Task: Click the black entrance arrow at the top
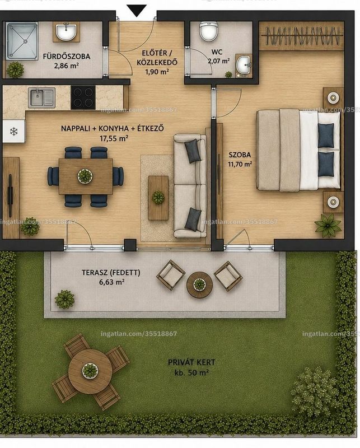coord(137,11)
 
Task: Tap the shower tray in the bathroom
coord(22,41)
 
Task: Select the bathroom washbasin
coord(66,32)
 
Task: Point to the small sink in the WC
coord(244,65)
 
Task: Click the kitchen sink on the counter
coord(42,97)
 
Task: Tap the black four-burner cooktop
coord(83,97)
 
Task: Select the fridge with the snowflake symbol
coord(13,132)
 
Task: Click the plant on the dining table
coord(85,176)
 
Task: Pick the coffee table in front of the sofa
coord(158,198)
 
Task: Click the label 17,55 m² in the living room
coord(114,138)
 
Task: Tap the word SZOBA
coord(240,155)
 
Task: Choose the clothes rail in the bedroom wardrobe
coord(302,35)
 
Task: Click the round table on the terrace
coord(199,284)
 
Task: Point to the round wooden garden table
coord(90,371)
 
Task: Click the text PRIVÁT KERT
coord(191,362)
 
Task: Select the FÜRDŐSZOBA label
coord(66,57)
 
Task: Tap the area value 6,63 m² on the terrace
coord(111,282)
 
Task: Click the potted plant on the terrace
coord(64,299)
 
